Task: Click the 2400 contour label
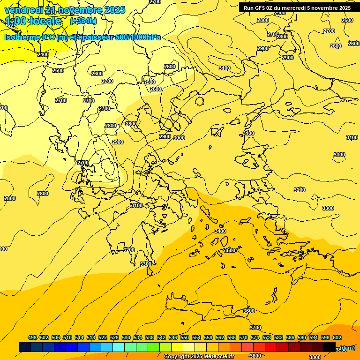[43, 55]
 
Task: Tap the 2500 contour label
[149, 82]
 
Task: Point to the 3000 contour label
[179, 138]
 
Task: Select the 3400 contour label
[220, 231]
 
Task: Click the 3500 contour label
[229, 250]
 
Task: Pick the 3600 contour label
[249, 311]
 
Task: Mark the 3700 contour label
[255, 328]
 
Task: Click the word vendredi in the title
[24, 10]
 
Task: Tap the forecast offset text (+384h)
[83, 21]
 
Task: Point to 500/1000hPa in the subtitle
[139, 37]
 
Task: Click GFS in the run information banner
[262, 7]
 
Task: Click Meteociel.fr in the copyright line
[217, 357]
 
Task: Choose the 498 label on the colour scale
[32, 337]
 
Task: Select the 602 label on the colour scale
[337, 337]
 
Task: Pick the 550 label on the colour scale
[185, 337]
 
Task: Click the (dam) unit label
[347, 347]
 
